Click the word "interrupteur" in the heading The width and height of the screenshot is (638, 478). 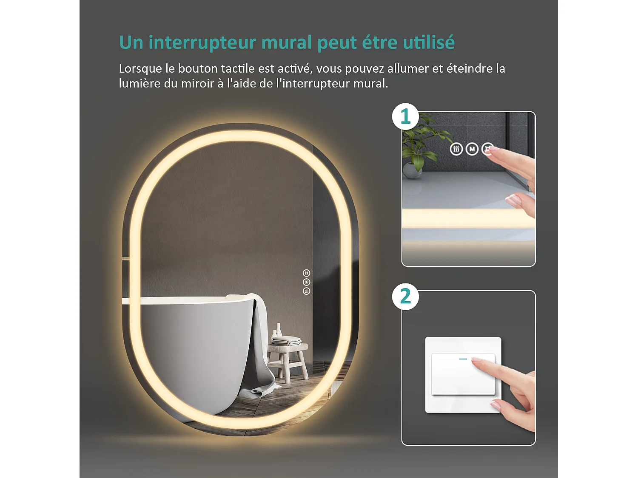coord(202,43)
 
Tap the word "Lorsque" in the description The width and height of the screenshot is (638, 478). coord(140,69)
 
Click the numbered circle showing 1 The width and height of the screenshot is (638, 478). coord(405,116)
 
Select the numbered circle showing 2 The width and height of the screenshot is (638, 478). coord(405,296)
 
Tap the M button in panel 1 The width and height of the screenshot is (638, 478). coord(472,149)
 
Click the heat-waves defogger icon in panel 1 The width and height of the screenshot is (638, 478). coord(456,149)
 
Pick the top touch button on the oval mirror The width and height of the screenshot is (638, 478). coord(306,273)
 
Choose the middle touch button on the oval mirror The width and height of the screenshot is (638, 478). coord(306,282)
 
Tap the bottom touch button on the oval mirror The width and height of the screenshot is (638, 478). coord(306,291)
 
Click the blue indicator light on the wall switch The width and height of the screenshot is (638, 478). coord(463,359)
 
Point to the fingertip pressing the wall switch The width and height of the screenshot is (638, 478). coord(476,361)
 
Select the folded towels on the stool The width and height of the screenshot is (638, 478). coord(287,340)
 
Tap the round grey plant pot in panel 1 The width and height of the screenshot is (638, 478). coord(412,170)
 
